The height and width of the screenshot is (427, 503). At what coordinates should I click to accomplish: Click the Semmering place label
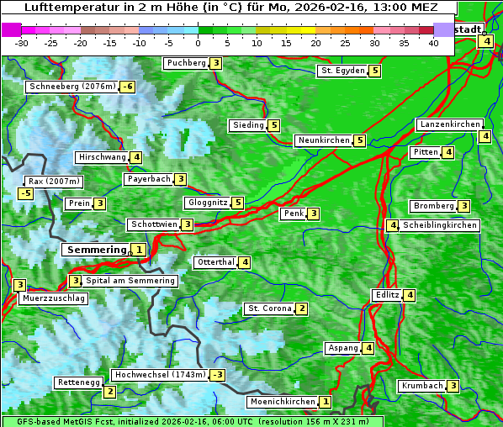click(96, 250)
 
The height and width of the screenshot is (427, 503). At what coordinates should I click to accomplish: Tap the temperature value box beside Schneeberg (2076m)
click(128, 87)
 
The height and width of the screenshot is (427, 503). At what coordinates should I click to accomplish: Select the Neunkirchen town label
click(323, 140)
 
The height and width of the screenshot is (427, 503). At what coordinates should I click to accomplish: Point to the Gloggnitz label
click(206, 203)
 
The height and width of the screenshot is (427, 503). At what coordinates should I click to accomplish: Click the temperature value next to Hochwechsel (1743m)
click(218, 375)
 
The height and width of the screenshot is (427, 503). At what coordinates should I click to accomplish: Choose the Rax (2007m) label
click(53, 181)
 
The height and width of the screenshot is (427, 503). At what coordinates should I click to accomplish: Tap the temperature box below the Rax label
click(26, 193)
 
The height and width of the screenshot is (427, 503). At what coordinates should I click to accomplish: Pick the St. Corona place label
click(269, 308)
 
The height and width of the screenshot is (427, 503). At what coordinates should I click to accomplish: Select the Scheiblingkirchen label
click(440, 225)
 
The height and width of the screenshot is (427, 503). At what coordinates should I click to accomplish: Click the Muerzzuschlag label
click(53, 298)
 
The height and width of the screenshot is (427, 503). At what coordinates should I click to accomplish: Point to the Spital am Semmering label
click(130, 281)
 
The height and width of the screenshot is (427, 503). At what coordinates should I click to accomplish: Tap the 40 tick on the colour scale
click(433, 43)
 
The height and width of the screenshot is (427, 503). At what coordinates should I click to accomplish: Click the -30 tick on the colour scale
click(22, 43)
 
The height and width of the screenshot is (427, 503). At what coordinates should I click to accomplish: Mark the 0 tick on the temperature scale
click(199, 43)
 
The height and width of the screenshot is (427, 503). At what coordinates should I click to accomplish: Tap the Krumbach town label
click(421, 386)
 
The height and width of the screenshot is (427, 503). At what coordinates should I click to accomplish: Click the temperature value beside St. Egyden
click(375, 71)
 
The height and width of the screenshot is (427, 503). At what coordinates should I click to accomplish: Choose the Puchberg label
click(186, 63)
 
